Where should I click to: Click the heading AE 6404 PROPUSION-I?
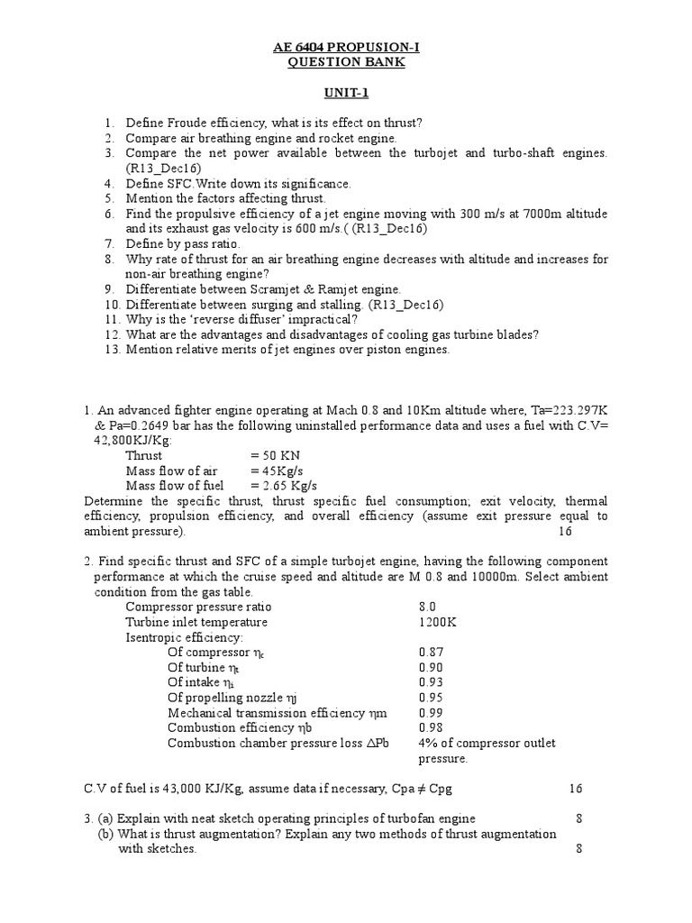346,47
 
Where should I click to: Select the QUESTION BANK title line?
346,62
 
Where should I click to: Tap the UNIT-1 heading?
346,93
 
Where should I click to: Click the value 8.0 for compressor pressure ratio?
428,607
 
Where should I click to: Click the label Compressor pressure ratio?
198,607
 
